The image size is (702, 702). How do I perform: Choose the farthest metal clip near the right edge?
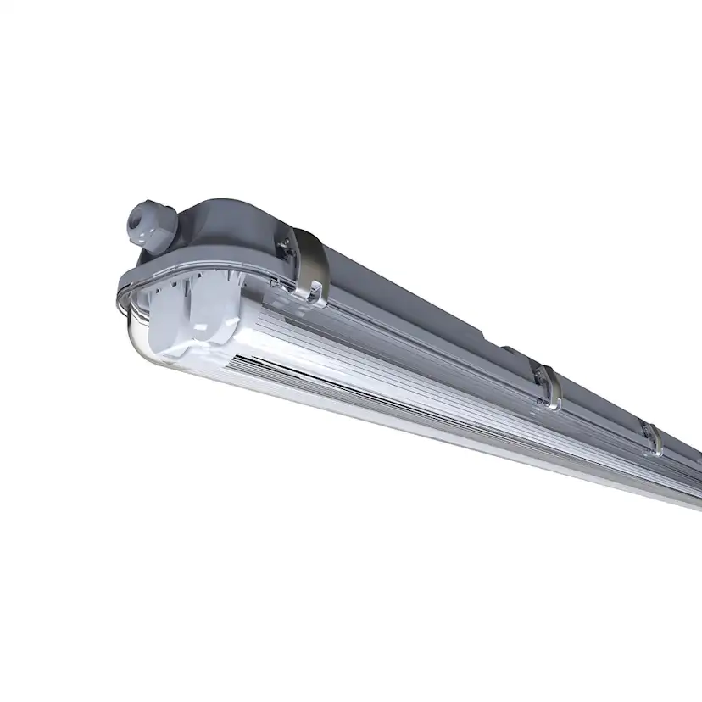pyautogui.click(x=652, y=439)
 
